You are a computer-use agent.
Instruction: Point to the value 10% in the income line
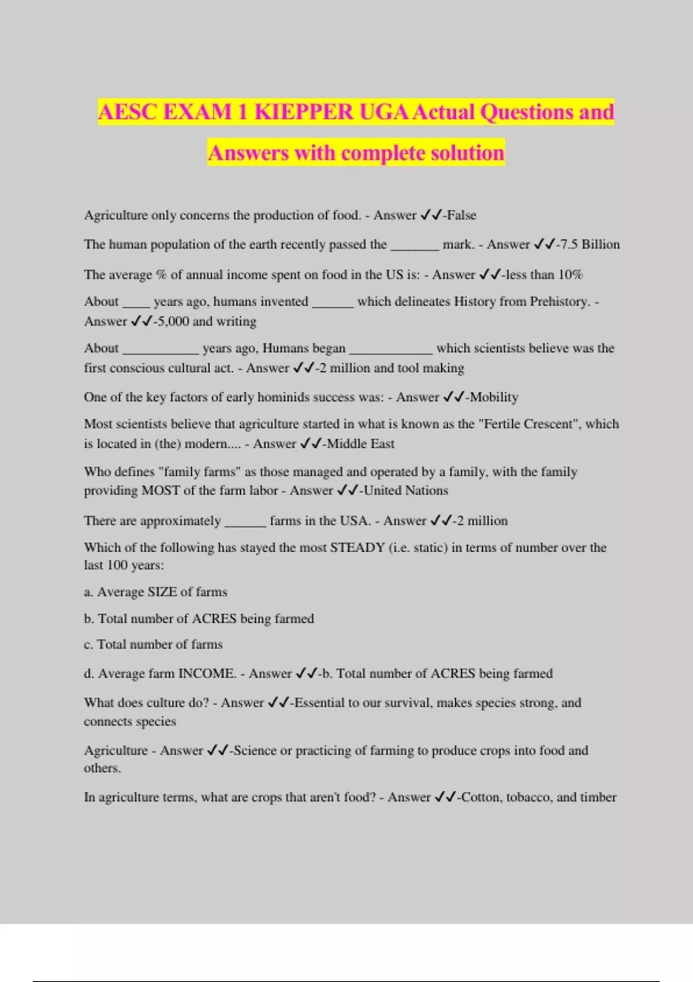[x=570, y=274]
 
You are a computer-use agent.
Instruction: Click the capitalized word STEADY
[x=357, y=547]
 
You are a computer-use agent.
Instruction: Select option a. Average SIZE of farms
[x=155, y=592]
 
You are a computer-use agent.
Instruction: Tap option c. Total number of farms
[x=153, y=644]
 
